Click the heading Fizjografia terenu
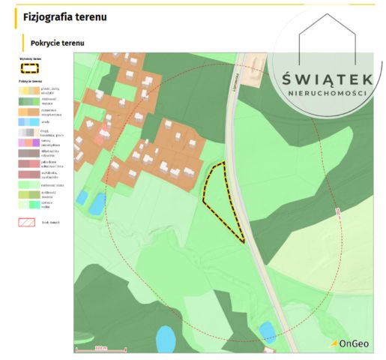tap(64, 16)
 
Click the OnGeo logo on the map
tap(349, 343)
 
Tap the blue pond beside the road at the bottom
tap(267, 330)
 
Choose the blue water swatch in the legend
tap(28, 121)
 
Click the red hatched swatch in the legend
tap(28, 223)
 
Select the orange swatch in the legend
tap(28, 110)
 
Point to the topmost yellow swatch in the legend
tap(28, 89)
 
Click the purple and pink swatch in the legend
tap(28, 142)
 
